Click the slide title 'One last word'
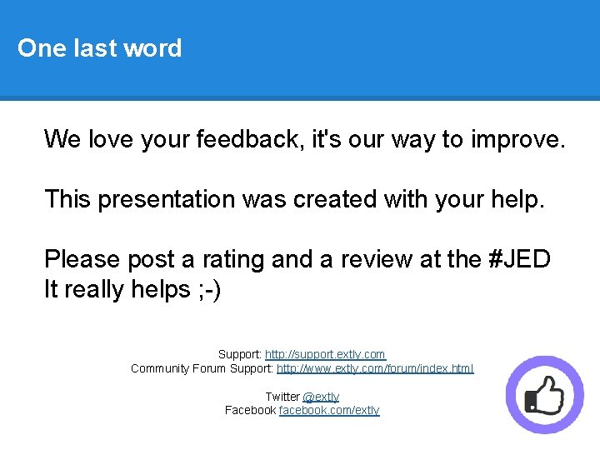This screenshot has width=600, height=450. [x=99, y=48]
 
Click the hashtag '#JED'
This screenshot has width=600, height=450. [x=519, y=259]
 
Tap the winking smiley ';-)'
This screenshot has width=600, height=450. [x=208, y=289]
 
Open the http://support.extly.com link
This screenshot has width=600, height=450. [x=325, y=354]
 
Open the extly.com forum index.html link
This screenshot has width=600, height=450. [x=375, y=367]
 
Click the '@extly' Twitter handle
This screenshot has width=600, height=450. [x=321, y=397]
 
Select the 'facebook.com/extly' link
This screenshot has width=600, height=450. [x=329, y=410]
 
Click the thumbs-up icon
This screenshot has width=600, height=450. [x=546, y=395]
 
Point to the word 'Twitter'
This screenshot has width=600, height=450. [x=282, y=397]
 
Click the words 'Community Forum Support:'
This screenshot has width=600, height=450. [x=202, y=367]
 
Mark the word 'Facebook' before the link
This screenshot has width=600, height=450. [x=250, y=410]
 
